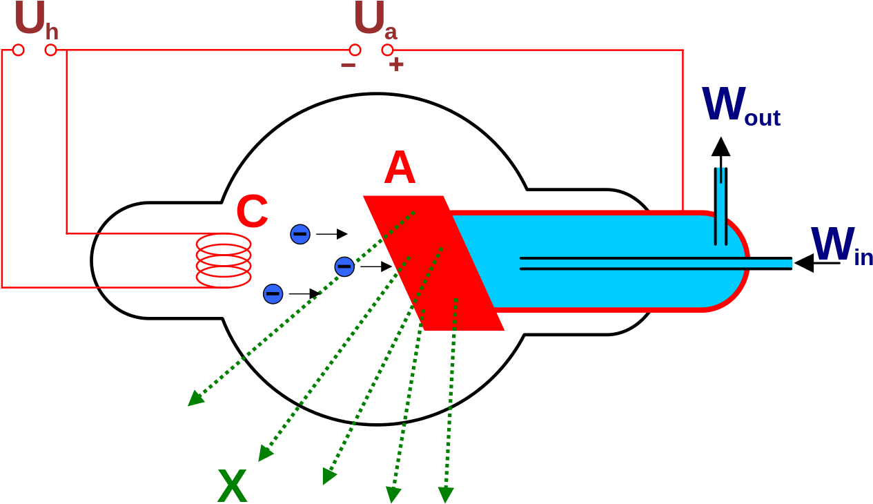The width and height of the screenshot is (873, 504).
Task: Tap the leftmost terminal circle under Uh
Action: pos(19,50)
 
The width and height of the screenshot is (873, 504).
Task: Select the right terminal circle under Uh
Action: pos(50,50)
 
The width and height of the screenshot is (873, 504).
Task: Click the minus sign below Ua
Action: pos(348,65)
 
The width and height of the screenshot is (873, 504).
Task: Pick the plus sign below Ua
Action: pos(395,65)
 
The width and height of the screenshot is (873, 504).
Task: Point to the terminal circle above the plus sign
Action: pos(388,50)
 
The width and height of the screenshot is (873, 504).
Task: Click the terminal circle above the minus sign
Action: pos(355,50)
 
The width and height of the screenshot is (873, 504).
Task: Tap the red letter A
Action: pos(400,168)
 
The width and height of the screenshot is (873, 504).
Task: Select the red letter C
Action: pos(252,212)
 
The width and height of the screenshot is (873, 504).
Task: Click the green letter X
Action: pos(232,487)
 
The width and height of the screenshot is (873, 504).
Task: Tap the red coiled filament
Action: pos(224,260)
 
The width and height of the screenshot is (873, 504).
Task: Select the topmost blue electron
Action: pos(300,234)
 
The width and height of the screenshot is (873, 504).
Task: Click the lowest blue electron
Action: pos(273,294)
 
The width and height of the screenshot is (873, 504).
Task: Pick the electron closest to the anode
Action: pos(344,266)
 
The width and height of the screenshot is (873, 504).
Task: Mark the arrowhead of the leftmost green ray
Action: pos(195,399)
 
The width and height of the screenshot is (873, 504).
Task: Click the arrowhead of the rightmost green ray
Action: pos(446,495)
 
